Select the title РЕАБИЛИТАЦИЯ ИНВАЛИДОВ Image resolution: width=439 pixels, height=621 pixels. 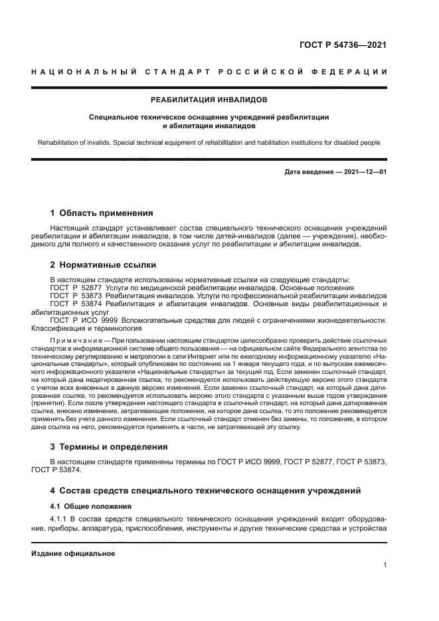[209, 100]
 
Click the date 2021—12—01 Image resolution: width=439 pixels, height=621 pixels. [365, 173]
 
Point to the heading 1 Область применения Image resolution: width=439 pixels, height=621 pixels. [102, 213]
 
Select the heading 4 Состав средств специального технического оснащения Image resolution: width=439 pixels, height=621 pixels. [206, 491]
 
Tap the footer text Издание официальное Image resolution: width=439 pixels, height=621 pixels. [72, 553]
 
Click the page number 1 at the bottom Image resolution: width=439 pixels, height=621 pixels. [385, 565]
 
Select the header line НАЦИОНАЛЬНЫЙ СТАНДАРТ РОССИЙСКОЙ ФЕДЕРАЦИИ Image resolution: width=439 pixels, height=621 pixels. [209, 71]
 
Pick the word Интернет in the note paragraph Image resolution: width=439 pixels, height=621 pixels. [239, 355]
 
